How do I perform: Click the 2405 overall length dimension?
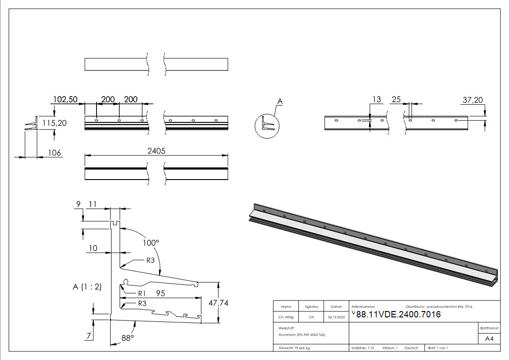pyautogui.click(x=156, y=151)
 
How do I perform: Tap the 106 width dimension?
pyautogui.click(x=54, y=153)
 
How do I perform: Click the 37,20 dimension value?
pyautogui.click(x=473, y=100)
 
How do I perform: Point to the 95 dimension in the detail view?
pyautogui.click(x=160, y=293)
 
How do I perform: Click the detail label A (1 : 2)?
pyautogui.click(x=87, y=287)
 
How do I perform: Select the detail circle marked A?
pyautogui.click(x=267, y=126)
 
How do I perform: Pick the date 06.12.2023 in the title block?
pyautogui.click(x=336, y=317)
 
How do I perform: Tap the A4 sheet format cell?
pyautogui.click(x=489, y=339)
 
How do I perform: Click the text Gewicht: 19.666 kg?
pyautogui.click(x=294, y=348)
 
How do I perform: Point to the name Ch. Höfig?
pyautogui.click(x=286, y=317)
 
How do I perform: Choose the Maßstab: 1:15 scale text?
pyautogui.click(x=363, y=348)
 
